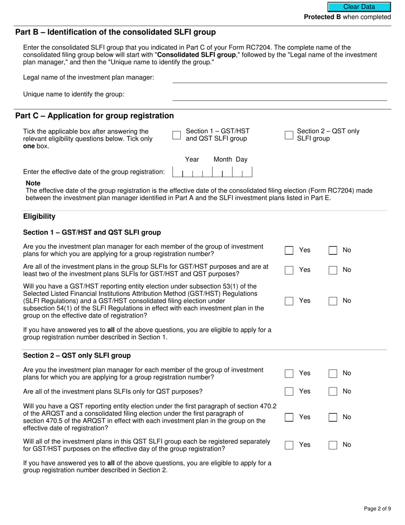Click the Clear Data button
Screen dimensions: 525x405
pos(359,7)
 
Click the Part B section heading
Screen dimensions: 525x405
pos(115,32)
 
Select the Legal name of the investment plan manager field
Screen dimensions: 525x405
pos(279,78)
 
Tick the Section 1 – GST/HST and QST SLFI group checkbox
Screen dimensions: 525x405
pos(176,135)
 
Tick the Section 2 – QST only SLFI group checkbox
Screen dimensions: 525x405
pos(289,135)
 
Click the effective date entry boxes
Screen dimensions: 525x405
pos(212,172)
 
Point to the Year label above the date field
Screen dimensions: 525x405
pos(192,160)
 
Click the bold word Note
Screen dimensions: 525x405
pos(33,184)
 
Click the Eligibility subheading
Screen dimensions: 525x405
pos(39,216)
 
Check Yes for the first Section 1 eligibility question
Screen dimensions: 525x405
pos(289,251)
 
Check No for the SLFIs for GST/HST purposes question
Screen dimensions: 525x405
pos(333,270)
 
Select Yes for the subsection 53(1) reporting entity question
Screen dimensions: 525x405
pos(289,301)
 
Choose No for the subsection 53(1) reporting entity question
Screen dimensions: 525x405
pos(333,301)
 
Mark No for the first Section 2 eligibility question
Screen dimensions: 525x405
pos(333,373)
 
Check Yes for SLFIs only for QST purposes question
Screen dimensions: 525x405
pos(289,391)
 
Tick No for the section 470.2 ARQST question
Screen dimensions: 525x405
pos(333,417)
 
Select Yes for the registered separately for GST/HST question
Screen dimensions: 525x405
pos(289,445)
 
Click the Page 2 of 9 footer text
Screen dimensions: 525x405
pos(377,508)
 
